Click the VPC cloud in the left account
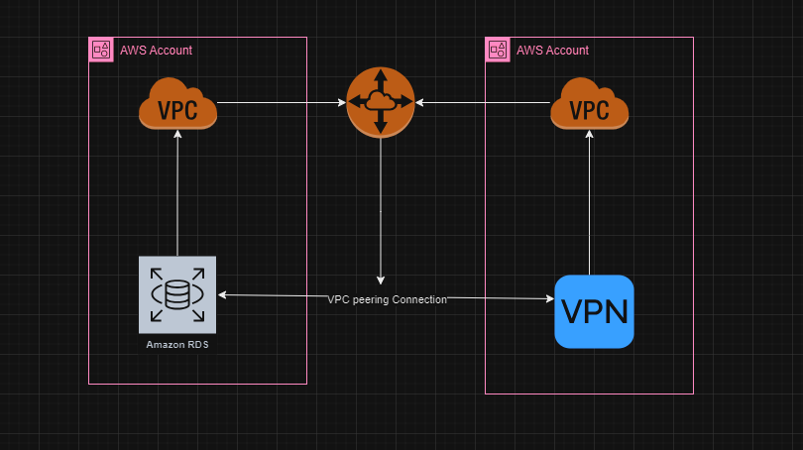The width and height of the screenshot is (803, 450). (177, 104)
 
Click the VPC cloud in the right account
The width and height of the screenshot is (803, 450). (590, 104)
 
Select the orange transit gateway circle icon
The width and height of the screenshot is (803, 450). (381, 102)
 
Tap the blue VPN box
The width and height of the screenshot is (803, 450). (594, 311)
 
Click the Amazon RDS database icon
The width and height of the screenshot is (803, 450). (177, 294)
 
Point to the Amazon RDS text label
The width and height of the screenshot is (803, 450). (177, 344)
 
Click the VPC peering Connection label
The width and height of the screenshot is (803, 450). (388, 299)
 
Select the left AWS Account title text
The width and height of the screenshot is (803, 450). (156, 50)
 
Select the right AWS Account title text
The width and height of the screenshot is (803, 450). (552, 50)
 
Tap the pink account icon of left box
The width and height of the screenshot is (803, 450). (100, 50)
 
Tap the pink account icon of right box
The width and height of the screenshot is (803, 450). (497, 50)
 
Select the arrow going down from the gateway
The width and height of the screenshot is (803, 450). (381, 208)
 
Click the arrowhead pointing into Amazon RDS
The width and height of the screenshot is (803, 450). (223, 294)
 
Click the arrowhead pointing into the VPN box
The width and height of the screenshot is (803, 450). (548, 298)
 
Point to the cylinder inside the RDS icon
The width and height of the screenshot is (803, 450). (177, 294)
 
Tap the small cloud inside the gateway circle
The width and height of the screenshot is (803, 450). (381, 101)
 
